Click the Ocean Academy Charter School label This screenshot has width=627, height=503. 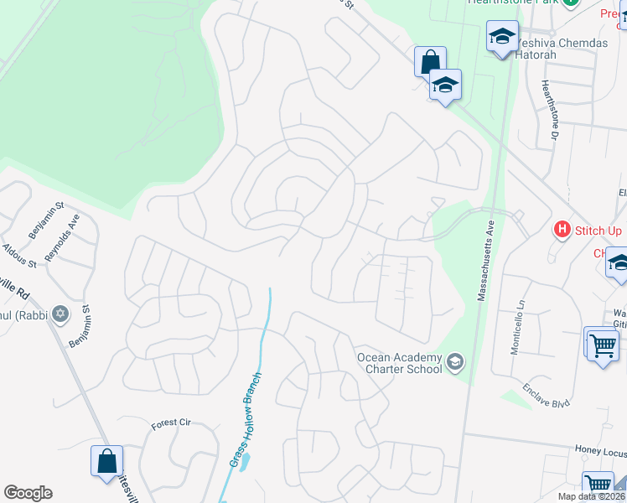pos(400,363)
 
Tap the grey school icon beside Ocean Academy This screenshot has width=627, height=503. pos(455,362)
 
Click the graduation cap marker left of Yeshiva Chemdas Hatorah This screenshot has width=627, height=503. pos(502,37)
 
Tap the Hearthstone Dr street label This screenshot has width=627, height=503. pos(550,109)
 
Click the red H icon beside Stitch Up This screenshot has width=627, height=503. pos(562,228)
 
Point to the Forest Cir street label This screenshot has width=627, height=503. pos(171,423)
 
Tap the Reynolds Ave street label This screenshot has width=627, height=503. pos(63,237)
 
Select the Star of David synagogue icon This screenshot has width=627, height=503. pos(60,314)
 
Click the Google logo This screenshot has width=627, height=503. pos(28,493)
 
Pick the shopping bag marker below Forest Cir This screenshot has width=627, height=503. pos(106,461)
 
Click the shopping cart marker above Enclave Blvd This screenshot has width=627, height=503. pos(602,345)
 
